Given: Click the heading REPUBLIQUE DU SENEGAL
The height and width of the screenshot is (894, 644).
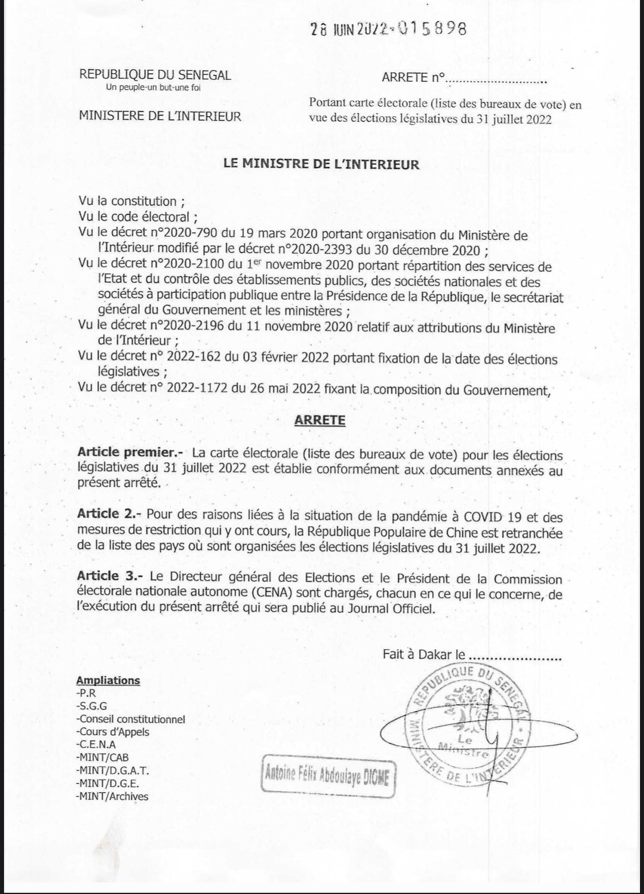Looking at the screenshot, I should click(x=155, y=74).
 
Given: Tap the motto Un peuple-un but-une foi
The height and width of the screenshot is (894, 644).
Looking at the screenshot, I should click(x=153, y=88).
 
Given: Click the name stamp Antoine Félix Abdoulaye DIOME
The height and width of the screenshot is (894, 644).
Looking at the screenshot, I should click(x=329, y=777).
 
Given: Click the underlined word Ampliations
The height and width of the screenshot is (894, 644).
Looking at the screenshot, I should click(x=108, y=681).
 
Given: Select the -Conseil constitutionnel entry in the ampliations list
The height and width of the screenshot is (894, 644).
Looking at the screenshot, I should click(x=131, y=719).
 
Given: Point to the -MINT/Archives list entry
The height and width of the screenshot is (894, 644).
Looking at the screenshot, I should click(x=112, y=796).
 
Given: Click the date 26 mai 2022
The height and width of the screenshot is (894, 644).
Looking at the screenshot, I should click(x=268, y=390).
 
